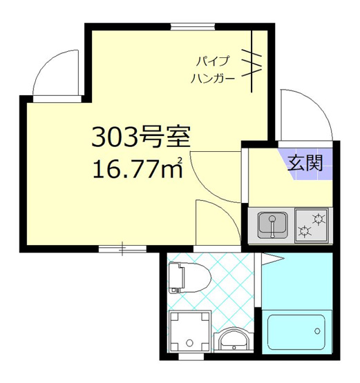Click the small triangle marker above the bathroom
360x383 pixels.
[x=272, y=259]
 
